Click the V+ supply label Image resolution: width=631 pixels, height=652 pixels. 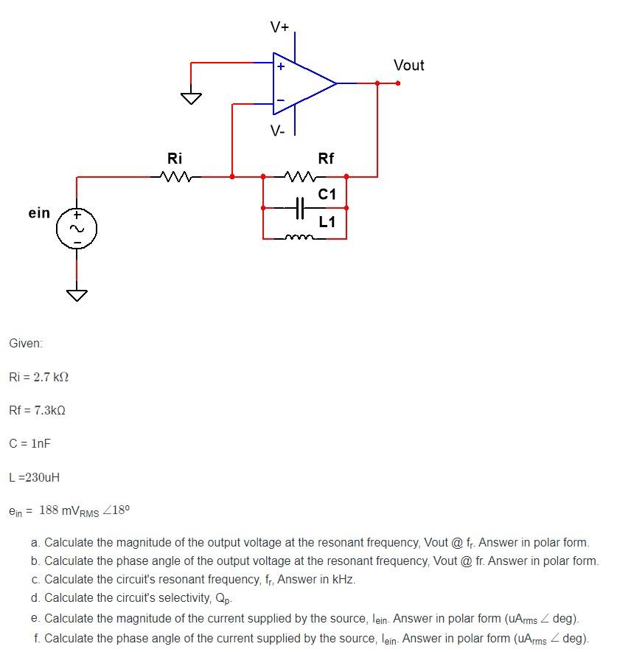(280, 28)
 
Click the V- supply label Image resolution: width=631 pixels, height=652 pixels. (277, 131)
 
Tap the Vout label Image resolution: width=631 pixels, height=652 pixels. (409, 65)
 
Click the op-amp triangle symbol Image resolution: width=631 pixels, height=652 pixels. (302, 83)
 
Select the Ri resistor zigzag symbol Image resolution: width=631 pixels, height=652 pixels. (175, 176)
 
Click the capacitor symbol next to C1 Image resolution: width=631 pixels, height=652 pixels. (299, 208)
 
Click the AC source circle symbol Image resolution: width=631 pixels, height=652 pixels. (77, 228)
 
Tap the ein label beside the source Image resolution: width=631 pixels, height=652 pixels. (39, 213)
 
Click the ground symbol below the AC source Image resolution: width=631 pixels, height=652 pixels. (77, 295)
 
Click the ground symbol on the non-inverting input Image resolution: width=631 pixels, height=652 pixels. (191, 98)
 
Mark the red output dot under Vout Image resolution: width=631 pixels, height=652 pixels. (398, 83)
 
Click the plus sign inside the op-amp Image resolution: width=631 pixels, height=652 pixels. (280, 66)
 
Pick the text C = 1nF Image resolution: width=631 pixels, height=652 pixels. (29, 443)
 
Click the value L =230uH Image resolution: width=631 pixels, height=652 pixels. (34, 477)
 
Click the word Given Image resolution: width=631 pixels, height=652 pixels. (26, 343)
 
